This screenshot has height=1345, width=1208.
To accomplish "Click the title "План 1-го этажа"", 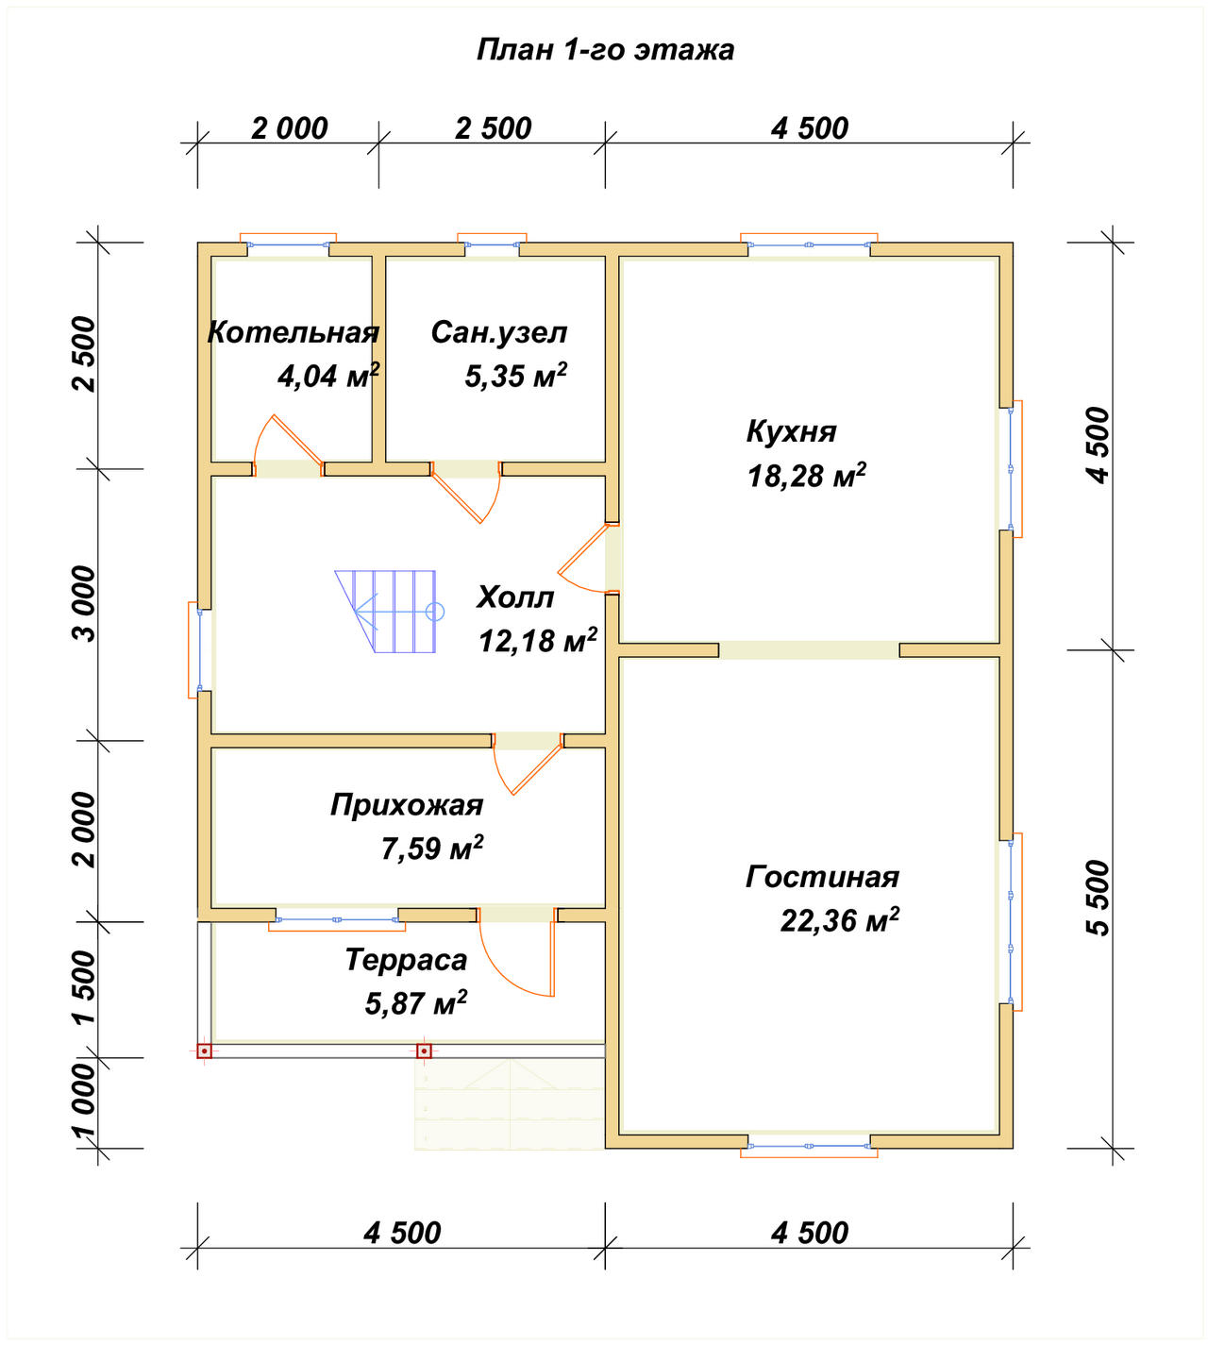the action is click(605, 50).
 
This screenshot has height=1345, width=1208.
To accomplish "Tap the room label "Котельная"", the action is click(294, 332).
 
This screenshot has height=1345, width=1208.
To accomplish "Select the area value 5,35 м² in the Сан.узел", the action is click(515, 375).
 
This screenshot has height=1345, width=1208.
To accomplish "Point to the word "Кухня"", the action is click(791, 432).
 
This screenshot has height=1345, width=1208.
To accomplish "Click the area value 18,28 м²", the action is click(807, 476).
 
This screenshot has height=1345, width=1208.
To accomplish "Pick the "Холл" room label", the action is click(515, 597).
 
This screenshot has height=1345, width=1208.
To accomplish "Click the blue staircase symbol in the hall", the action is click(389, 612).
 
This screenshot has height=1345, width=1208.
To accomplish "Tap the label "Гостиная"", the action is click(822, 877).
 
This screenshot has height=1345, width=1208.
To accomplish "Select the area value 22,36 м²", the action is click(840, 920).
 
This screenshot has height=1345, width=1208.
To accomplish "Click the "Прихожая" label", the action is click(407, 805).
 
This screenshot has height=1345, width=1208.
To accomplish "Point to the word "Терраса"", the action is click(406, 960).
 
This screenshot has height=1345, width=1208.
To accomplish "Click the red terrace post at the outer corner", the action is click(205, 1051).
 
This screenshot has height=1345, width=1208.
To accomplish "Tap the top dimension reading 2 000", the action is click(290, 128).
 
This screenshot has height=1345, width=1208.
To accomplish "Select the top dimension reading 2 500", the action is click(494, 128).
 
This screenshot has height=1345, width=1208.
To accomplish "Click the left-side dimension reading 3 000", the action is click(84, 603).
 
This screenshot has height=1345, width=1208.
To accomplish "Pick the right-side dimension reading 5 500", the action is click(1099, 899).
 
